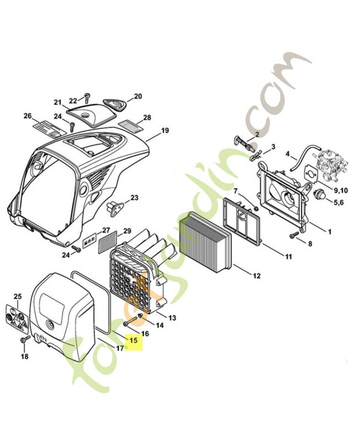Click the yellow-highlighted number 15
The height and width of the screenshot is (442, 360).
point(133,340)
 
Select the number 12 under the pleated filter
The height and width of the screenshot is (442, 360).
point(256,275)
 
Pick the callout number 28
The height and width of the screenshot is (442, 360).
point(147,118)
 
